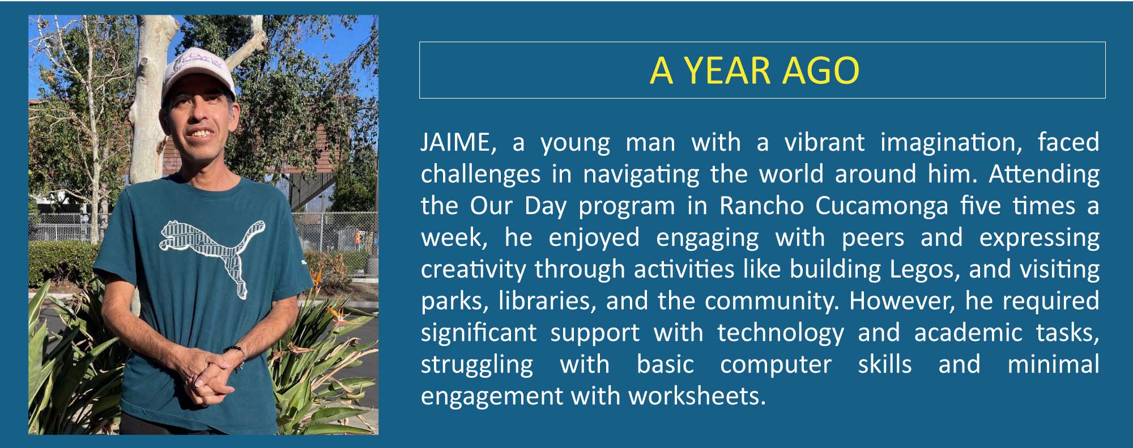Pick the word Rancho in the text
tap(761, 206)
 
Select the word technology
tap(781, 333)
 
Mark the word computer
tap(776, 365)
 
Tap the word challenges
tap(480, 174)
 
